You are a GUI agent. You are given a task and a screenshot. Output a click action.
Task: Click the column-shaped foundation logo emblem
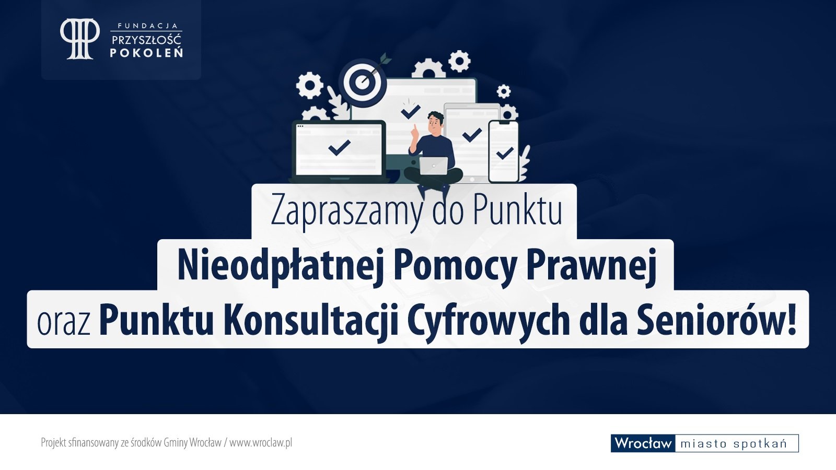coord(80,39)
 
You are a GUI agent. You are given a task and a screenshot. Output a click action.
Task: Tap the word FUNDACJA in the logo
coord(148,26)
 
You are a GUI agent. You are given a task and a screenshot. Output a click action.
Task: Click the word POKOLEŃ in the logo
coord(146,53)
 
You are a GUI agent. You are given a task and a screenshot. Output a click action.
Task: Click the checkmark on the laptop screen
coord(339,147)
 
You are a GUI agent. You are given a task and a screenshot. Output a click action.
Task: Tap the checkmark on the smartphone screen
coord(505,152)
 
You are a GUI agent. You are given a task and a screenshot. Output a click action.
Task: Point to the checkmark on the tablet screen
coord(472,135)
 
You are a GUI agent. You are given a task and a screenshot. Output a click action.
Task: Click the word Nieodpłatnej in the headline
coord(281,266)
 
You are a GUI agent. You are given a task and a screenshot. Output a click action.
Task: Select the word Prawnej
coord(591,266)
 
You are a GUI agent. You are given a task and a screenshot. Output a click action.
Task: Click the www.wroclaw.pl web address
coord(261,443)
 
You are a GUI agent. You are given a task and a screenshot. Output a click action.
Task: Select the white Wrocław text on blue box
coord(643,443)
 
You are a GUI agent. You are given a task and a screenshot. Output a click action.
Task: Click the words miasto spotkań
coord(734,443)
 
